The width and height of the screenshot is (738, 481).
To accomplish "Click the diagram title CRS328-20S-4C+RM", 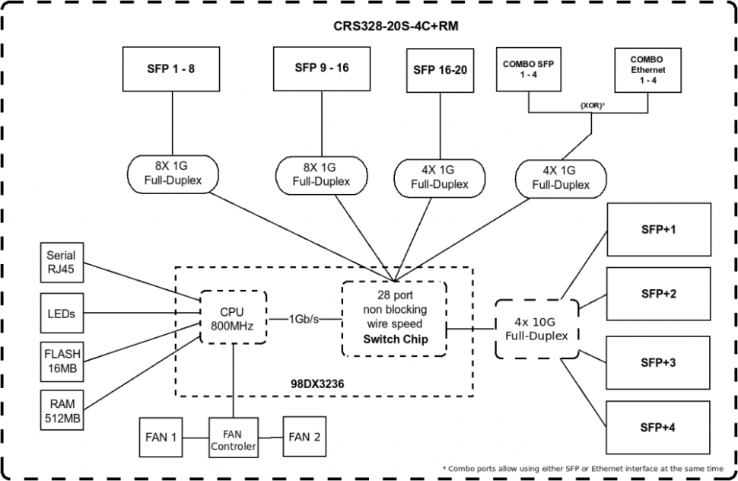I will [x=396, y=26].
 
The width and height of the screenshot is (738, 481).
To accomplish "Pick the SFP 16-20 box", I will [x=440, y=70].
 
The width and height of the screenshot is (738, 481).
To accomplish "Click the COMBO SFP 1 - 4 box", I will [x=528, y=69].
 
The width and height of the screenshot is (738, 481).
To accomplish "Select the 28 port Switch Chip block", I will [x=393, y=317].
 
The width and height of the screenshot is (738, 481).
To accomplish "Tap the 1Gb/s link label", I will [x=304, y=319].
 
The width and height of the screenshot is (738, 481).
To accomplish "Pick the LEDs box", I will [x=61, y=314].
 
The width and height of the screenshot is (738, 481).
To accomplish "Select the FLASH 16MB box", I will [x=61, y=361].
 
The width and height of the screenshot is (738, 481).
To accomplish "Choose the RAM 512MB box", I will [x=61, y=409].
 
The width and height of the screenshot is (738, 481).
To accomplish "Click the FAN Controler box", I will [x=234, y=440].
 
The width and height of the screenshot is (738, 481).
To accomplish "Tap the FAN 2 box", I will [x=304, y=437].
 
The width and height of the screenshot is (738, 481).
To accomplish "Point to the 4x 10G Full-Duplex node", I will [x=536, y=328].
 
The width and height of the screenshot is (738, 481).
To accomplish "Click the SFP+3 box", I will [x=658, y=362].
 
